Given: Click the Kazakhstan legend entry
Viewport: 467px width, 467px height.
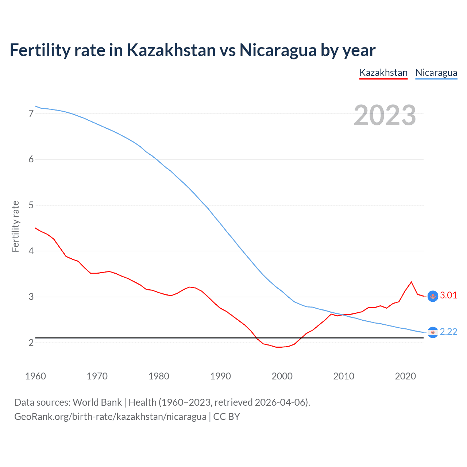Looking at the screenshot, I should (383, 73).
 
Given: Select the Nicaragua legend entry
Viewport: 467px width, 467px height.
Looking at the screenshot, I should (436, 73).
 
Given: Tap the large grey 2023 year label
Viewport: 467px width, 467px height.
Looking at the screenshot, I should (385, 115).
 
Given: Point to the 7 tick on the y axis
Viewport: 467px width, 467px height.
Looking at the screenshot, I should (31, 113).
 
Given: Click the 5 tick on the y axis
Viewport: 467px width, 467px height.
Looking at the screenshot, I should (31, 205).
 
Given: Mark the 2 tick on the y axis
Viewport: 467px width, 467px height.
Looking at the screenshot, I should (31, 343).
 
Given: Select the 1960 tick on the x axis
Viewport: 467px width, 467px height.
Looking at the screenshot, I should (35, 376).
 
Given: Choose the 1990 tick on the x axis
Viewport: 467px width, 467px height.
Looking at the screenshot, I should (220, 376).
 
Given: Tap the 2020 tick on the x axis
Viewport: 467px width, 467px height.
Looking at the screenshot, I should (405, 376).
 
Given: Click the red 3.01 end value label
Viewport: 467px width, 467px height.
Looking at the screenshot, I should (448, 295).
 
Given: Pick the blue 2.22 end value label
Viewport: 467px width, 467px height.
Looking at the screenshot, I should (448, 332).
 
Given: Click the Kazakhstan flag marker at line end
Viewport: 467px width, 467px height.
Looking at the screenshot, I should (433, 296).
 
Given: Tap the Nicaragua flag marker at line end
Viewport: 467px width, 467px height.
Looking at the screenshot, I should (433, 332).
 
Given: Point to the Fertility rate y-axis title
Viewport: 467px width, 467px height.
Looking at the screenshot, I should (15, 226).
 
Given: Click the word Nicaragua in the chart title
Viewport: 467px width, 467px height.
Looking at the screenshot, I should (278, 50).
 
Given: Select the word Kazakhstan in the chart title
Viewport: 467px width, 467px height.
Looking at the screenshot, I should (171, 50).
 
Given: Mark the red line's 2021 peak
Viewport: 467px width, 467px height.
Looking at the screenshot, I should (411, 282).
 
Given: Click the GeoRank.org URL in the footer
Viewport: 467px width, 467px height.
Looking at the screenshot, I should (110, 416).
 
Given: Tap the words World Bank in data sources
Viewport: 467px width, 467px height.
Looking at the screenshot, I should (97, 402).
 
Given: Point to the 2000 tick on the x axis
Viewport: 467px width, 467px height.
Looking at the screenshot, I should (282, 376).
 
